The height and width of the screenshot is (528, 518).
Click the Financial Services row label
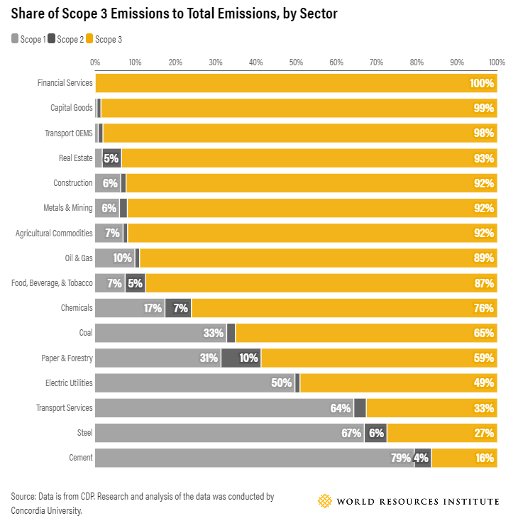(65, 83)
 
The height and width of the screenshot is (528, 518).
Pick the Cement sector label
(81, 458)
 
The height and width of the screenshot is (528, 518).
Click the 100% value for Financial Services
(481, 84)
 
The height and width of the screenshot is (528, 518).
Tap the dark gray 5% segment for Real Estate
(111, 158)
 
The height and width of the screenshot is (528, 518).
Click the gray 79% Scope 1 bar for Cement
(254, 458)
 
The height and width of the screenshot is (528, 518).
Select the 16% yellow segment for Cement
(464, 458)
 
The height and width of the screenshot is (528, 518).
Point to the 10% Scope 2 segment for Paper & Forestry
(241, 358)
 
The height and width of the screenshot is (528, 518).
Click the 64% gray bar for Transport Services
(224, 408)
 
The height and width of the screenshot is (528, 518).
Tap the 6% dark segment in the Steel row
(375, 433)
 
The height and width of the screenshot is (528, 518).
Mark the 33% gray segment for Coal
(160, 333)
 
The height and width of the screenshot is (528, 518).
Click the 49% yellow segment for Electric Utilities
(398, 383)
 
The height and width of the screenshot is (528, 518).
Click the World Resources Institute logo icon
(324, 501)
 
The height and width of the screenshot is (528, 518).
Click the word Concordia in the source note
(28, 510)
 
